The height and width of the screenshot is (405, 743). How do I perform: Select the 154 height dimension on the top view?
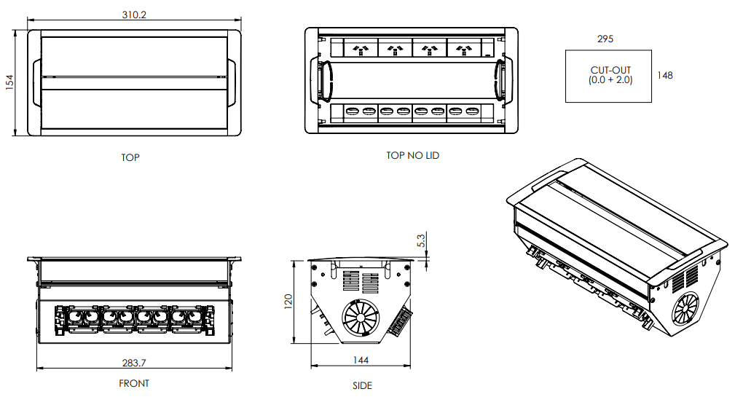(9, 82)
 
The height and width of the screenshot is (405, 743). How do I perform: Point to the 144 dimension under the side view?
(361, 360)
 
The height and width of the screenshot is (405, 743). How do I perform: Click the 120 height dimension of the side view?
(288, 301)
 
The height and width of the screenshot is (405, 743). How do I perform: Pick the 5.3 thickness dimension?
(421, 240)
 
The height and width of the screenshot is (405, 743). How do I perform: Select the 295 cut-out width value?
(605, 39)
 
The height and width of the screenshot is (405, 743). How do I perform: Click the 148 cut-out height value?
(664, 74)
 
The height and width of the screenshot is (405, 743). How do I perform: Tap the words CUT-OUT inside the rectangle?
(610, 70)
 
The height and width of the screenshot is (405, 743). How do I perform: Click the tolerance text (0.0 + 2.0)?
(610, 80)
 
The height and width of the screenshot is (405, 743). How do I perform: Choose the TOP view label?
(130, 157)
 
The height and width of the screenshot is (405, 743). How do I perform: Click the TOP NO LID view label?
(413, 155)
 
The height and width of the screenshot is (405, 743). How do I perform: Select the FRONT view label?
(134, 383)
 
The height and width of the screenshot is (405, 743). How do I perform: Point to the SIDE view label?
(361, 385)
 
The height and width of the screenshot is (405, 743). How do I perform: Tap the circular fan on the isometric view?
(686, 308)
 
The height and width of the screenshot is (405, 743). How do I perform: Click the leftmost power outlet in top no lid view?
(360, 50)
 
